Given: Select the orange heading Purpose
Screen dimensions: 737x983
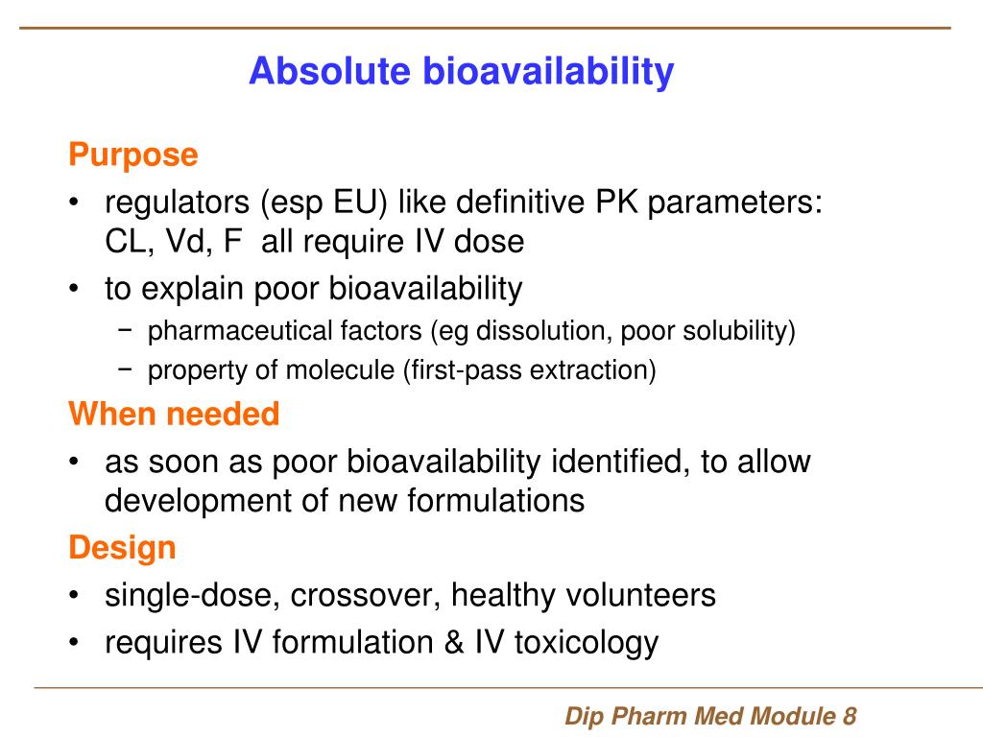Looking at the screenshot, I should tap(132, 155).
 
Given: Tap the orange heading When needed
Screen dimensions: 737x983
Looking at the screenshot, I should tap(174, 415).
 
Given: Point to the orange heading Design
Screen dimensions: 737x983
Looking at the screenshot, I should tap(122, 548).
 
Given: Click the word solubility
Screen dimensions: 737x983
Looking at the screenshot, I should tap(736, 332).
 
